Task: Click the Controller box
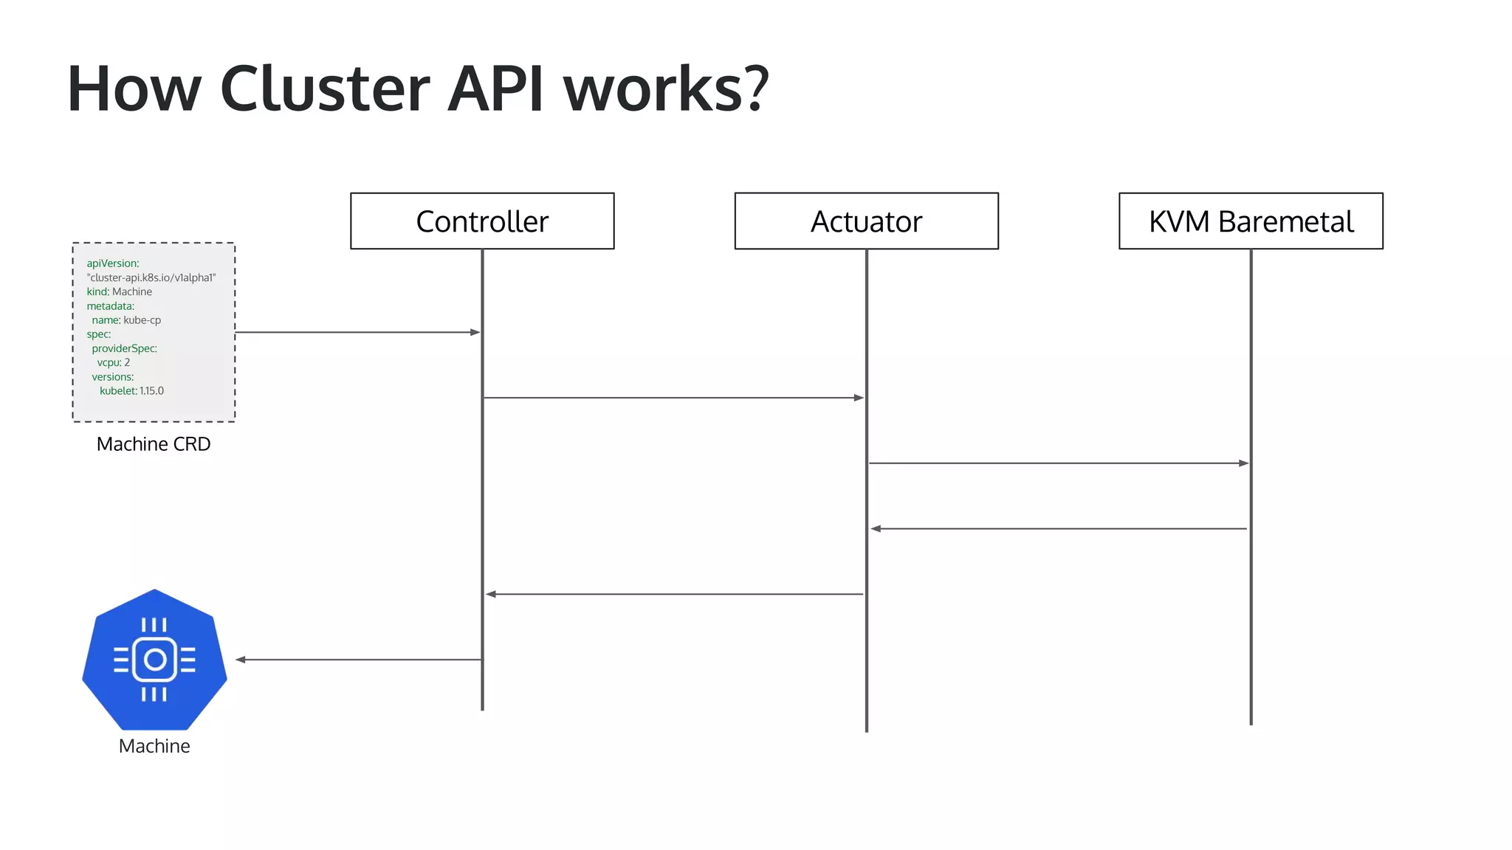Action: tap(482, 221)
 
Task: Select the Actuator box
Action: tap(866, 221)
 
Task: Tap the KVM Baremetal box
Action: tap(1251, 221)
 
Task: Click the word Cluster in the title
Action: tap(324, 89)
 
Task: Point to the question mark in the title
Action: tap(755, 89)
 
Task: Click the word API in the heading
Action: tap(495, 89)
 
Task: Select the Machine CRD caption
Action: tap(154, 444)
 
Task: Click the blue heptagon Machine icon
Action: tap(154, 659)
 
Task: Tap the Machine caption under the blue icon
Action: tap(154, 746)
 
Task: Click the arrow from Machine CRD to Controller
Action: tap(357, 332)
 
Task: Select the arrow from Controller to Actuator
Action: tap(673, 398)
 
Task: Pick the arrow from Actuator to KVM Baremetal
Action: tap(1058, 463)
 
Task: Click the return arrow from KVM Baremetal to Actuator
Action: tap(1058, 528)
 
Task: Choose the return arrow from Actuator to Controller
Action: tap(673, 594)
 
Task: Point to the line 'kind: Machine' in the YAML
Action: tap(119, 291)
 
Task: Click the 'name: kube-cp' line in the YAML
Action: tap(126, 320)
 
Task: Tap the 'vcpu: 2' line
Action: tap(114, 362)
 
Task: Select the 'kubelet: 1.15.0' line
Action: tap(131, 391)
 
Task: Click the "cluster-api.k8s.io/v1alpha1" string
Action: tap(151, 277)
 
